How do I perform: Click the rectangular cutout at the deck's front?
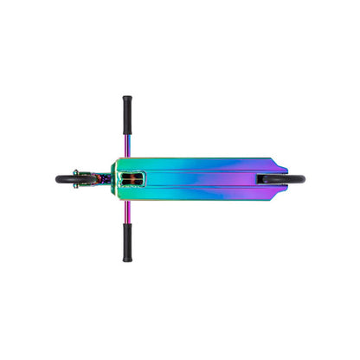coord(131,179)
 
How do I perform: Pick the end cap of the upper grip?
coord(127,98)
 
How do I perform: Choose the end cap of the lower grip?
coord(127,259)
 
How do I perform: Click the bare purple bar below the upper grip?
coord(127,138)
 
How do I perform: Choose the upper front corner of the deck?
coord(115,159)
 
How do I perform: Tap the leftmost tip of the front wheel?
coord(56,180)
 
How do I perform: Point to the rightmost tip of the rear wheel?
coord(305,180)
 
